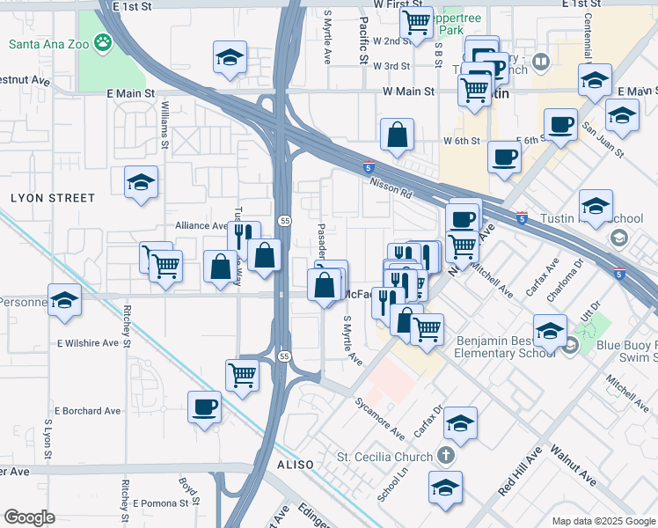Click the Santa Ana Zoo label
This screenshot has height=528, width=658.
49,42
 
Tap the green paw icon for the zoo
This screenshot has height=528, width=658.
104,41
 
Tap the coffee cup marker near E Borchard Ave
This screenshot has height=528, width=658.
205,407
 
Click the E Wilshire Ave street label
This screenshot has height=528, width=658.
87,343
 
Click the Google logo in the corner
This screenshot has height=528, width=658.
29,517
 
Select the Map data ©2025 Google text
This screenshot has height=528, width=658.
603,520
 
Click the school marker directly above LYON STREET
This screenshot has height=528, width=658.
141,182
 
